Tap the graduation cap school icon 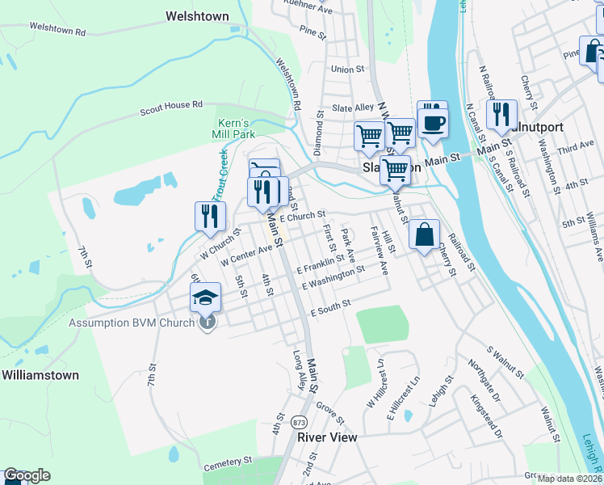tap(206, 297)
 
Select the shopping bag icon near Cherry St tap(424, 235)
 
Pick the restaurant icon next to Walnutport tap(501, 116)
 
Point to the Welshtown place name tap(197, 16)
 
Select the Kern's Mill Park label tap(234, 128)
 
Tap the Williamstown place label tap(40, 375)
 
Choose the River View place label tap(327, 436)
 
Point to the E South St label tap(329, 304)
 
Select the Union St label tap(347, 70)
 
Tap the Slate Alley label tap(353, 108)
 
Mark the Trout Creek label tap(221, 174)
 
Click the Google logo tap(27, 475)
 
